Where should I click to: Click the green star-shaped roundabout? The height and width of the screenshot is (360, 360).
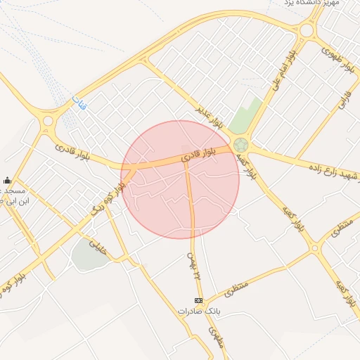pyautogui.click(x=241, y=145)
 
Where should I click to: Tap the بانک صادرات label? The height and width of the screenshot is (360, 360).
pyautogui.click(x=195, y=310)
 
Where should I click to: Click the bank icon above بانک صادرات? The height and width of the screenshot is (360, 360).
pyautogui.click(x=198, y=300)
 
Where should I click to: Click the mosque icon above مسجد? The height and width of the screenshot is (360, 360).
pyautogui.click(x=7, y=180)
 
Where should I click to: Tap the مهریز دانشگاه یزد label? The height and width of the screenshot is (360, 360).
pyautogui.click(x=313, y=4)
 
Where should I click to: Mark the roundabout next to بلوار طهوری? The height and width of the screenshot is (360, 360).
pyautogui.click(x=306, y=31)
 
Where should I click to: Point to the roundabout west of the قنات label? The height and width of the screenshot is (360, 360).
pyautogui.click(x=48, y=121)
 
